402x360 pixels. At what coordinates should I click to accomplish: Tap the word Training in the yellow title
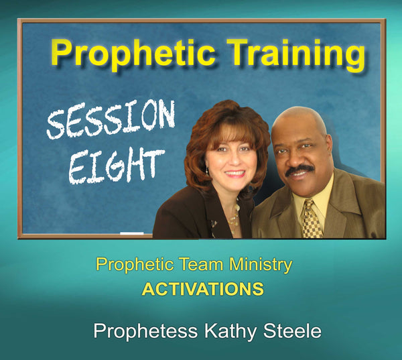(x=296, y=54)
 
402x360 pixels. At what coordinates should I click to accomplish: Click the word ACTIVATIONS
(x=202, y=290)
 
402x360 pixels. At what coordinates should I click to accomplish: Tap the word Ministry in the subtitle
(x=259, y=265)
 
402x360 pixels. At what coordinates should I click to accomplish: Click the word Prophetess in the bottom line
(x=145, y=331)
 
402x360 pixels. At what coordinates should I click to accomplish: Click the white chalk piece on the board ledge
(x=132, y=233)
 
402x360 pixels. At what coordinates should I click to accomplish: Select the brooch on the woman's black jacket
(x=214, y=223)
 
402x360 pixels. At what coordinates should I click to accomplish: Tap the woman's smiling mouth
(x=234, y=174)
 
